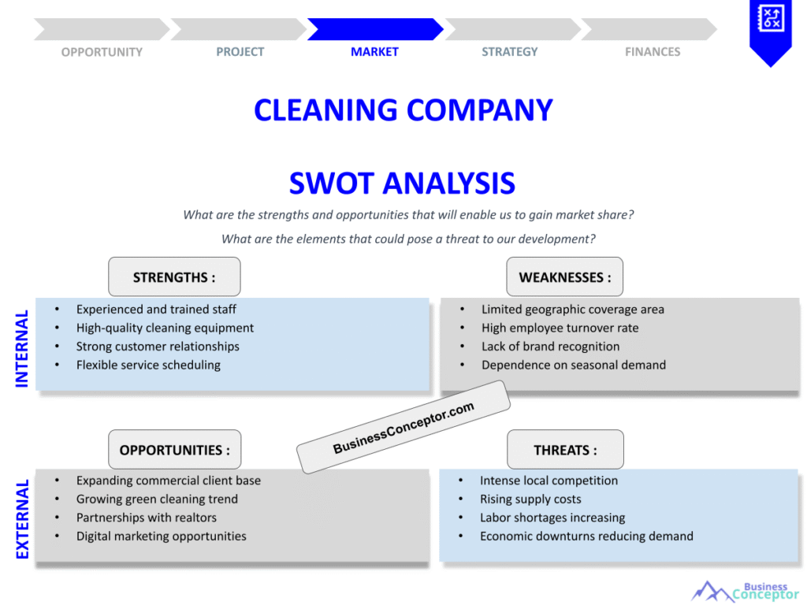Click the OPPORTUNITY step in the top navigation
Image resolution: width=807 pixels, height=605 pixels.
tap(102, 52)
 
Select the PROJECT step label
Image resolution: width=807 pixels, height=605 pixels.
tap(240, 52)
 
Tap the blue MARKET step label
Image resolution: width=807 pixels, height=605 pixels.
tap(374, 52)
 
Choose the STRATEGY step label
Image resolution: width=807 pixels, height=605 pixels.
tap(509, 52)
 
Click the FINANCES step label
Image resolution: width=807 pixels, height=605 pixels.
tap(653, 52)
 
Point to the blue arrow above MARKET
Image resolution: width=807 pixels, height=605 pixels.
tap(374, 29)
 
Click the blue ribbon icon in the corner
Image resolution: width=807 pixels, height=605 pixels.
tap(769, 28)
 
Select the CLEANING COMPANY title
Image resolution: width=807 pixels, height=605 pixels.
tap(403, 109)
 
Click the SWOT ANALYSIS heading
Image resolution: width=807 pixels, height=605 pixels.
tap(402, 184)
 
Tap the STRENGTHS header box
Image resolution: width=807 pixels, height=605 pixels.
tap(174, 277)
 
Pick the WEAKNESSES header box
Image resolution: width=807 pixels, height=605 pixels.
tap(564, 277)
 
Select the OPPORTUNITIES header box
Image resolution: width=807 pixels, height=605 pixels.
tap(174, 450)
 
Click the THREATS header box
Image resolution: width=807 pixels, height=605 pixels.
tap(565, 450)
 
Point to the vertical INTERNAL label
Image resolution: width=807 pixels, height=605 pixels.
tap(22, 347)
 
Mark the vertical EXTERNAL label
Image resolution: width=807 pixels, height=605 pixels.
tap(22, 518)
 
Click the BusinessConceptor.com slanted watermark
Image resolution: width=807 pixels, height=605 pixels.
tap(403, 427)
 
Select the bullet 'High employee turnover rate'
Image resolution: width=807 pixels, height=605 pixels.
tap(560, 328)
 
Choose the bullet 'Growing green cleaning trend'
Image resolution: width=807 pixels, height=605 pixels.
tap(157, 499)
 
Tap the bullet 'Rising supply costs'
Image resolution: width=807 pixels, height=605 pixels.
tap(530, 499)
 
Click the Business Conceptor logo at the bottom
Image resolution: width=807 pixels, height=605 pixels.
tap(745, 591)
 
